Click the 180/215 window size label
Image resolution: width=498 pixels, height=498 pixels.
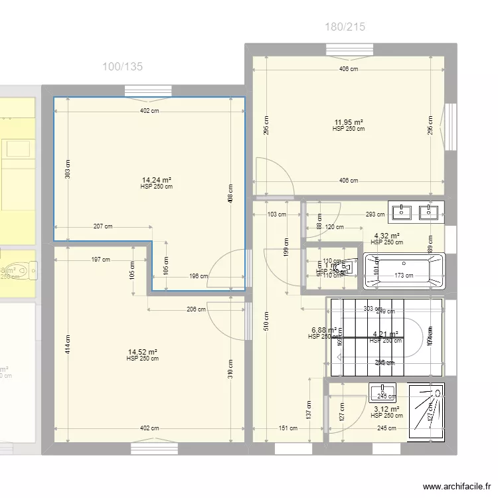coord(345,27)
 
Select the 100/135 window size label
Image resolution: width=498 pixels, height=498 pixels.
coord(122,66)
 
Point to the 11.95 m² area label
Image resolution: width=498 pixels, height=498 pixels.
coord(349,122)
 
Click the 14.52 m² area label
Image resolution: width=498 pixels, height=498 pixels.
coord(142,352)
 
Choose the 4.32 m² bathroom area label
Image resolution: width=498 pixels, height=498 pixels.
coord(386,236)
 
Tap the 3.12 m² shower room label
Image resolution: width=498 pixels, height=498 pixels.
coord(386,409)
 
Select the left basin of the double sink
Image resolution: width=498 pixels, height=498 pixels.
coord(403,212)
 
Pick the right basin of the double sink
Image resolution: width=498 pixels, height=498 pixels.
coord(430,212)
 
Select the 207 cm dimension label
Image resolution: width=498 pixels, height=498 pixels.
coord(102,226)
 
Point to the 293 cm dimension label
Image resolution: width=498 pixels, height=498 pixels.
coord(375,214)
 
